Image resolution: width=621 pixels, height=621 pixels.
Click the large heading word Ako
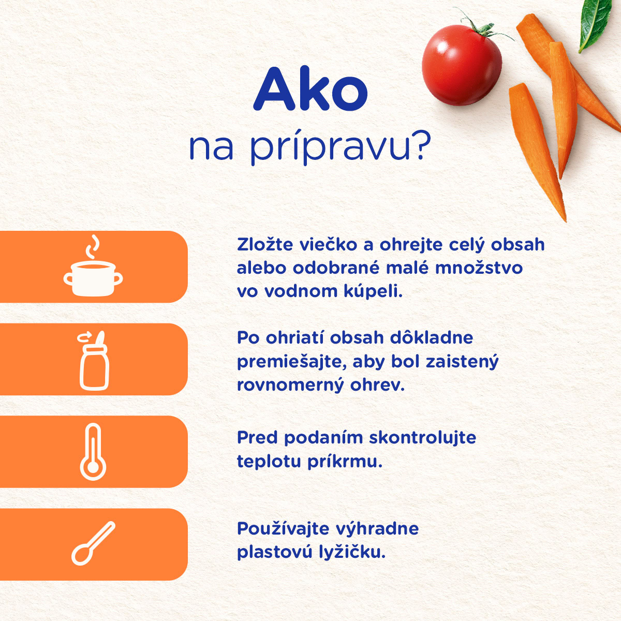pos(310,88)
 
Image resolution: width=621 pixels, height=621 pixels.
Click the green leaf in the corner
pos(595,24)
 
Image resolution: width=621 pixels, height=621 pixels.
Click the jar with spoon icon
pos(94,361)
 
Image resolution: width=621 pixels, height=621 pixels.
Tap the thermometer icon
pos(93,452)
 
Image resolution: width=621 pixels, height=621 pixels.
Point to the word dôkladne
pos(432,338)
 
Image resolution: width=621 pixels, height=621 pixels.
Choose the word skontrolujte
pos(422,438)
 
